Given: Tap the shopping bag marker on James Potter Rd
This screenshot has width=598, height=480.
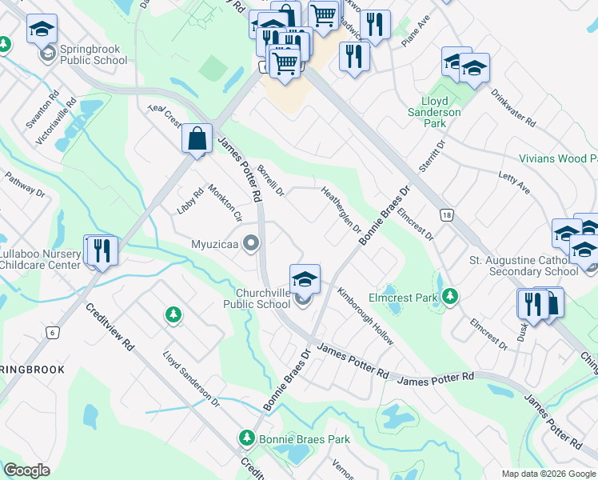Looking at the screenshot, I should point(196,139).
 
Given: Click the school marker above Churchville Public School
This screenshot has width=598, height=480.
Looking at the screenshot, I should point(305,279).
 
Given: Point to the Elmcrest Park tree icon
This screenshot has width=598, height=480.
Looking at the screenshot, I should point(451,297).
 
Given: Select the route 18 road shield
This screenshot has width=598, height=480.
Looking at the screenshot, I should point(446,214).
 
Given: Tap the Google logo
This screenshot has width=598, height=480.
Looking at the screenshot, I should point(27,470).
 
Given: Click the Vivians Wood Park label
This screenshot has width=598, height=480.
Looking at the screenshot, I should point(558,158).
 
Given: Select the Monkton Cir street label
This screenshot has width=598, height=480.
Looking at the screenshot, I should point(225,203).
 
